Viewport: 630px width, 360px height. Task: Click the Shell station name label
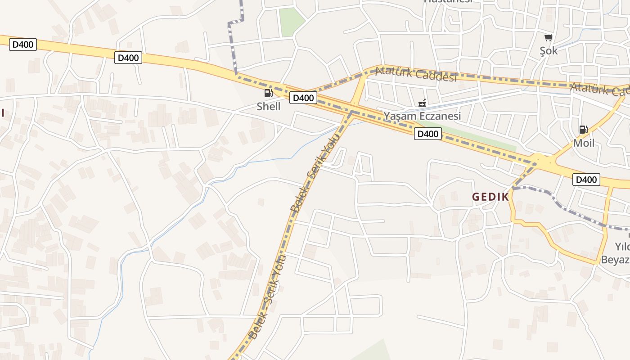point(268,107)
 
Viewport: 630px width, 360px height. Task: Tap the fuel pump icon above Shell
point(268,94)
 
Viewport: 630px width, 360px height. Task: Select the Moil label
point(583,143)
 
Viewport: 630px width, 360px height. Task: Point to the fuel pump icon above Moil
point(583,130)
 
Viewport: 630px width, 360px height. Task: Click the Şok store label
point(549,50)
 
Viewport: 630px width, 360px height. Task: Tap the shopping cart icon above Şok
point(548,38)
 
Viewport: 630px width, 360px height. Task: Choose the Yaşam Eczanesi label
point(422,116)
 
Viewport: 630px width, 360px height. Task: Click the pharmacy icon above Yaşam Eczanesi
point(422,103)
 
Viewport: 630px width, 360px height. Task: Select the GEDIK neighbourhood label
point(490,197)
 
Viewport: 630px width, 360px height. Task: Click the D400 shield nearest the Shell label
point(303,98)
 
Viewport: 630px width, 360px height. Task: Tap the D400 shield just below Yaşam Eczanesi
point(427,134)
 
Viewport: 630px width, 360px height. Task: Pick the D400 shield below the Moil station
point(586,180)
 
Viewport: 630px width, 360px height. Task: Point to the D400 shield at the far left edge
point(22,45)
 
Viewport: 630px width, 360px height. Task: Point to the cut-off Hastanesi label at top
point(448,1)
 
